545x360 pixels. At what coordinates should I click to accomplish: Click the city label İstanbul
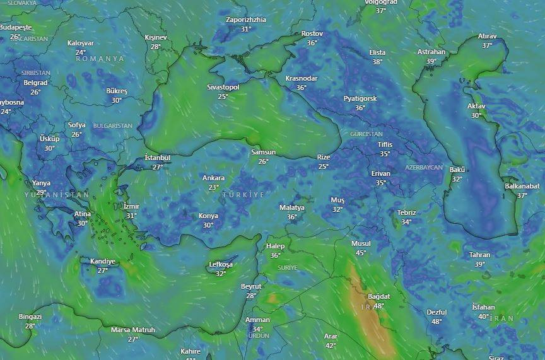pyautogui.click(x=157, y=158)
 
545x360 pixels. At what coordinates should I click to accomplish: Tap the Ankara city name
pyautogui.click(x=213, y=178)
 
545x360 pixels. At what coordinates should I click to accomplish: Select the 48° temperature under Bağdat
pyautogui.click(x=378, y=306)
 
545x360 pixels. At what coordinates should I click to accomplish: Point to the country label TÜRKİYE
pyautogui.click(x=243, y=195)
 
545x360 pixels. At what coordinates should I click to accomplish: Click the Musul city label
pyautogui.click(x=361, y=243)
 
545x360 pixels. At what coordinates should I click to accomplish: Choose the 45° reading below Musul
pyautogui.click(x=361, y=253)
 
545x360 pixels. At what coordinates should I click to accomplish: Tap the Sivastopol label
pyautogui.click(x=223, y=87)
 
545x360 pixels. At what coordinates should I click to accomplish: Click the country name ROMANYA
pyautogui.click(x=100, y=59)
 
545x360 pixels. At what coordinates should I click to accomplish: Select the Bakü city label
pyautogui.click(x=457, y=170)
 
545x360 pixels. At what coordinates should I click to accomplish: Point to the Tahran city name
pyautogui.click(x=479, y=255)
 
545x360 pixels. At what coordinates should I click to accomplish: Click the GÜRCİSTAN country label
pyautogui.click(x=366, y=134)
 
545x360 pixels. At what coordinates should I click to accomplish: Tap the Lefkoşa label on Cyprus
pyautogui.click(x=221, y=264)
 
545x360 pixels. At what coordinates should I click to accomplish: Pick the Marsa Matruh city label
pyautogui.click(x=132, y=330)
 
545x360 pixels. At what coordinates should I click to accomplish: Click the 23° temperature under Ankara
pyautogui.click(x=214, y=187)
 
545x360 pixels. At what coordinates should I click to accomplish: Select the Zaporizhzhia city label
pyautogui.click(x=246, y=20)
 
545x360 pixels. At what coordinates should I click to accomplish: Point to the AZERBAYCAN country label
pyautogui.click(x=424, y=167)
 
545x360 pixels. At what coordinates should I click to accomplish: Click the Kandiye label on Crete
pyautogui.click(x=103, y=261)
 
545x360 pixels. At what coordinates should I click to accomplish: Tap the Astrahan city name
pyautogui.click(x=431, y=52)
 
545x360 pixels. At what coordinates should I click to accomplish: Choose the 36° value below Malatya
pyautogui.click(x=291, y=217)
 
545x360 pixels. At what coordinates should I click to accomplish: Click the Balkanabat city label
pyautogui.click(x=522, y=186)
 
